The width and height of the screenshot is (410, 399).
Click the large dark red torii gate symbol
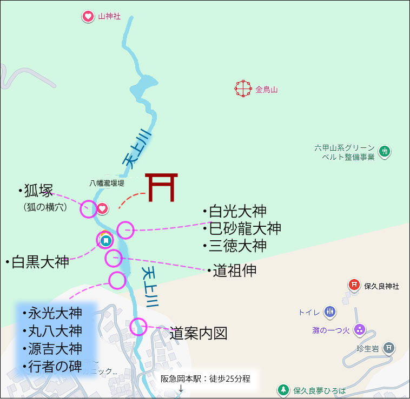[161, 187]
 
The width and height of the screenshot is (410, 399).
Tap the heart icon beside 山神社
[88, 17]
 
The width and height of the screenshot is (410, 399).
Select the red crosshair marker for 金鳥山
[243, 88]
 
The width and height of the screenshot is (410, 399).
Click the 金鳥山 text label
[266, 90]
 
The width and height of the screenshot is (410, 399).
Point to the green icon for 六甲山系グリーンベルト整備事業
[384, 151]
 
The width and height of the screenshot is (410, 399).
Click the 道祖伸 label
[234, 270]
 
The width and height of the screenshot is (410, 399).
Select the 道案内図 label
[198, 333]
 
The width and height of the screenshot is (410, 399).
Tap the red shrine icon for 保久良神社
[354, 285]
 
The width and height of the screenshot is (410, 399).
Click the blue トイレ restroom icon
[330, 312]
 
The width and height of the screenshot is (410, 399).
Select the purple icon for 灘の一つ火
[360, 329]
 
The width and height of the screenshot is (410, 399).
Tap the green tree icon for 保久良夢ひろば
[282, 389]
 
